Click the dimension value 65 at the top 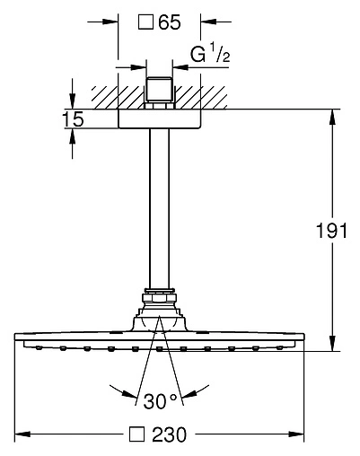point(170,22)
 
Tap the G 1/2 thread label point(210,53)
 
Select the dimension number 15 point(74,119)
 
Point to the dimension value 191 point(331,231)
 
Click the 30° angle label point(161,401)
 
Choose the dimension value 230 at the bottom point(169,434)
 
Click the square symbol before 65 point(145,22)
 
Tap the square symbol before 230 point(136,434)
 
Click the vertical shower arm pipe point(159,208)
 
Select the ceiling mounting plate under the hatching point(159,118)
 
